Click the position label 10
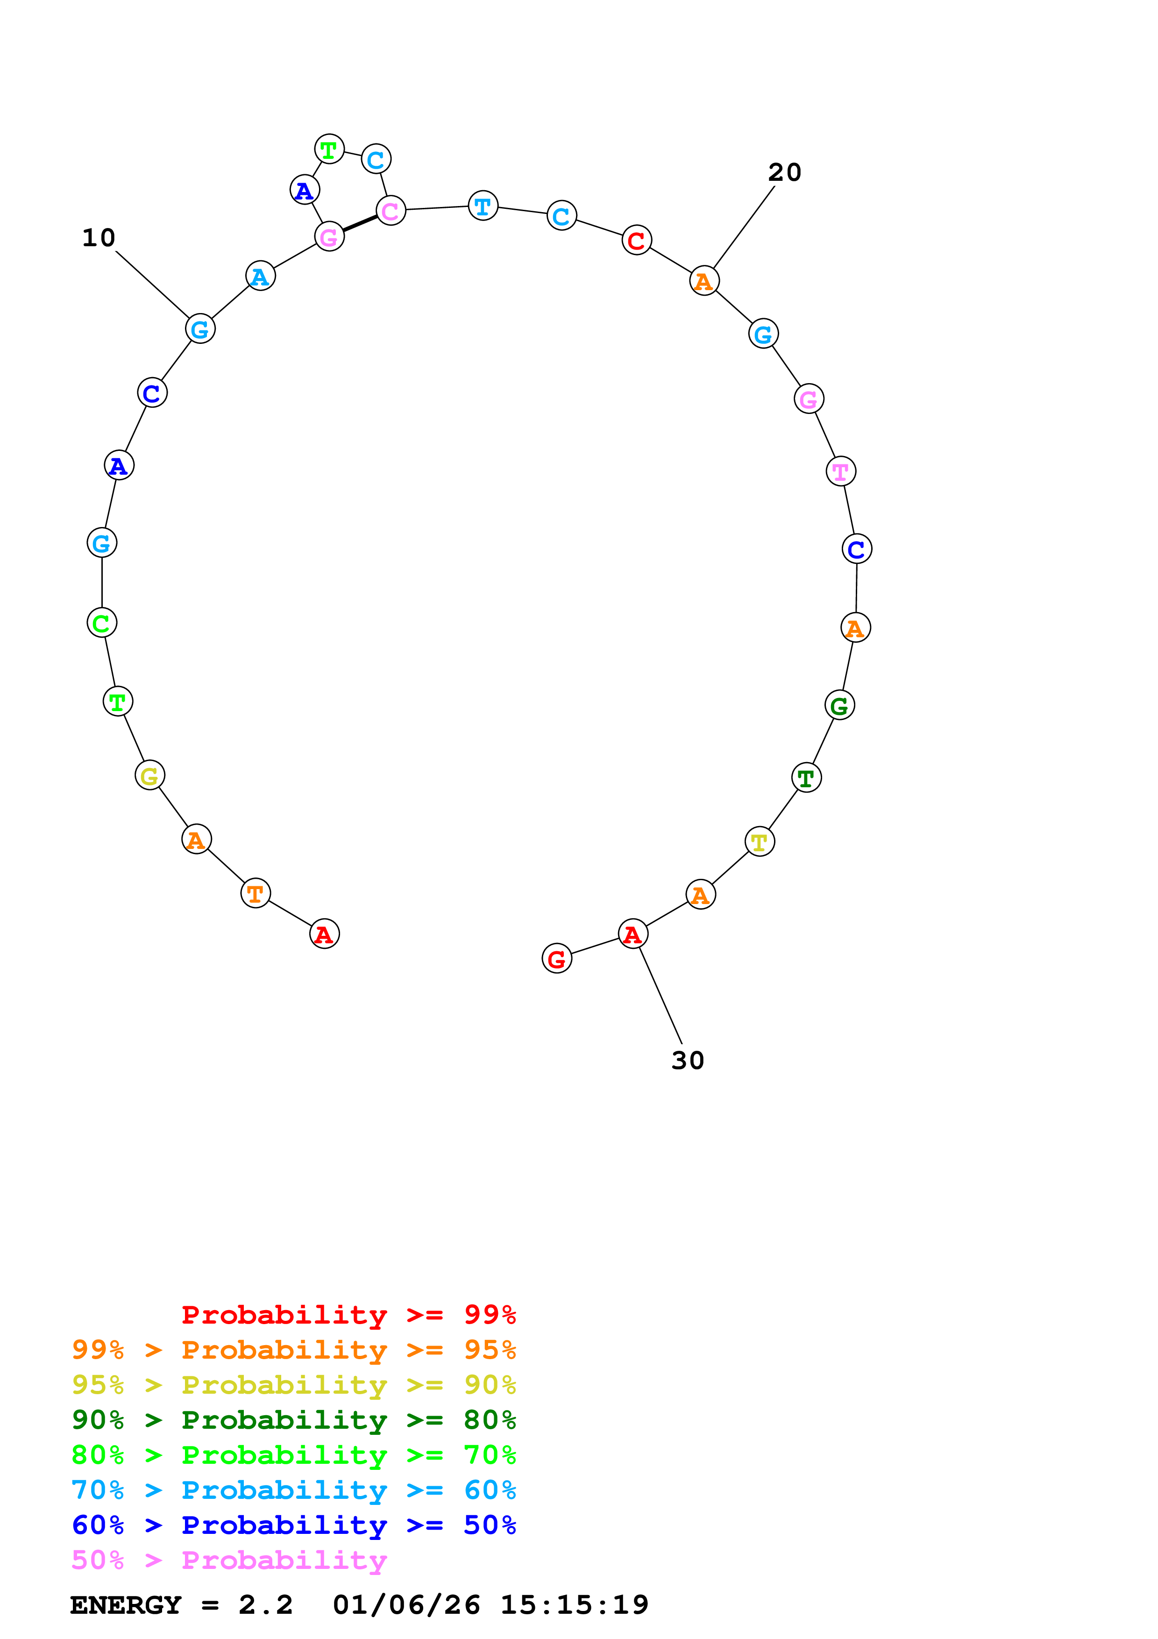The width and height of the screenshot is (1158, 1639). tap(99, 238)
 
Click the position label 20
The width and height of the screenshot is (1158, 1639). tap(784, 172)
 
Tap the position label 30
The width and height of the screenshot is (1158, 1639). tap(687, 1060)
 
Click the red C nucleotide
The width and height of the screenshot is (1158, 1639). tap(636, 241)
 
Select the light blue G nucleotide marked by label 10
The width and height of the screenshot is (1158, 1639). tap(200, 329)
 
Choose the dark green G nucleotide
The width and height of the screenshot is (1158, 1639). tap(840, 705)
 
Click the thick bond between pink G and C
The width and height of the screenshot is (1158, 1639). tap(360, 223)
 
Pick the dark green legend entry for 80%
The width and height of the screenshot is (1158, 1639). tap(294, 1420)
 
